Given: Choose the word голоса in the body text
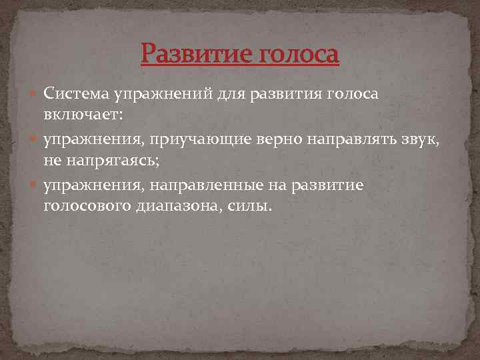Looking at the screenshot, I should [353, 93].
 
